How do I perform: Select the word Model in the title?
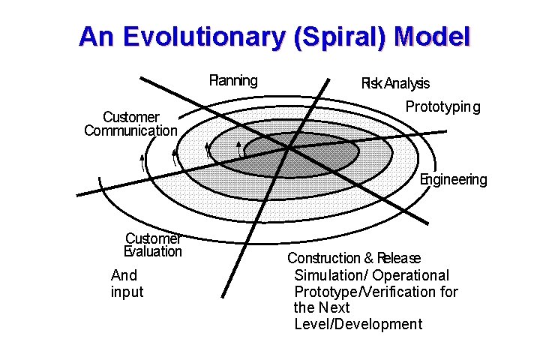click(431, 37)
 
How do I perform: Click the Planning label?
click(232, 80)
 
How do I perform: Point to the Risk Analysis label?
click(395, 84)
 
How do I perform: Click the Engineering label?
click(453, 179)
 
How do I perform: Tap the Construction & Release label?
click(354, 258)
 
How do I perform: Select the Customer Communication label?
click(131, 124)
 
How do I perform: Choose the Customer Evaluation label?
click(153, 244)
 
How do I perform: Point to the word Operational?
click(411, 275)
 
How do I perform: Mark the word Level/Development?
click(358, 324)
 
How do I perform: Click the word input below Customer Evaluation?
click(127, 292)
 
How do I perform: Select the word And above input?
click(124, 275)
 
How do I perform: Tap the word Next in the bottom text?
click(334, 307)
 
